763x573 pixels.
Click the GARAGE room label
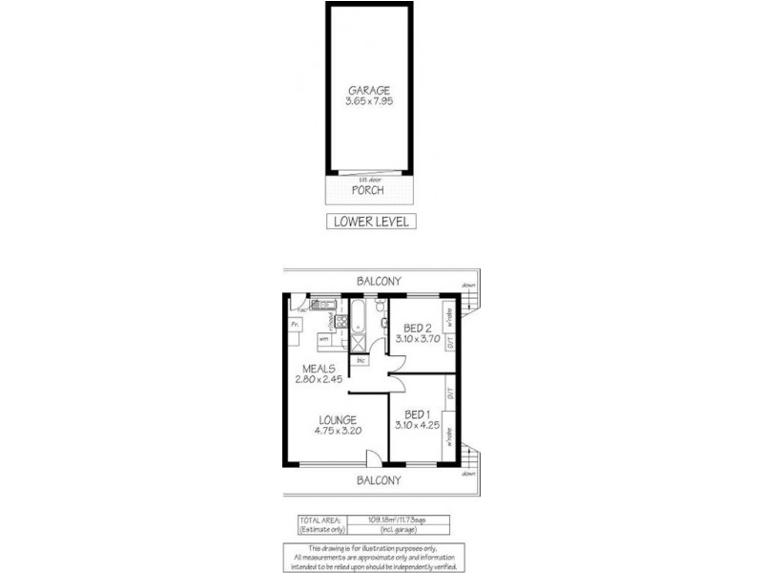point(368,91)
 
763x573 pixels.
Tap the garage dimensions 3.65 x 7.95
point(368,102)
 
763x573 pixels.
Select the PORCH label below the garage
point(367,190)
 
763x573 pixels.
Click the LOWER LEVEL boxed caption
point(371,222)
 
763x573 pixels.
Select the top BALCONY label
point(379,281)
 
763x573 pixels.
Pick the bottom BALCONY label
point(379,480)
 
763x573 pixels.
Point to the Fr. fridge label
point(294,325)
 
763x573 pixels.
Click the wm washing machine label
point(324,338)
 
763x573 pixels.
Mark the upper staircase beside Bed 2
point(467,302)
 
